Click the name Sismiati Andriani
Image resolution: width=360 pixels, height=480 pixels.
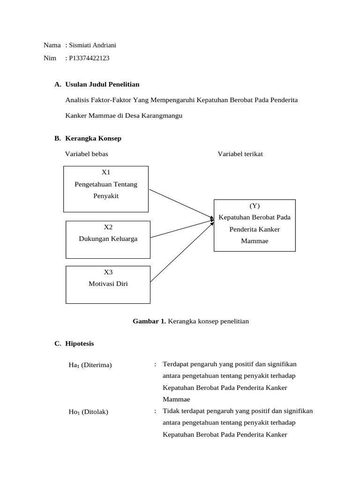coord(92,45)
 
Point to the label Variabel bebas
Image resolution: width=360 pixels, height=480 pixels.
coord(86,154)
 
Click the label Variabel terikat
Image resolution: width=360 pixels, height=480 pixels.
coord(240,154)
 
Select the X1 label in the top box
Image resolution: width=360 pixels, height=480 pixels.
coord(106,172)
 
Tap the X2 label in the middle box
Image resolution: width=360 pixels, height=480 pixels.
coord(108,227)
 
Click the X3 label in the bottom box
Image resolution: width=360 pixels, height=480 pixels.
coord(108,272)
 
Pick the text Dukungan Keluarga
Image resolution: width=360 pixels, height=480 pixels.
coord(108,239)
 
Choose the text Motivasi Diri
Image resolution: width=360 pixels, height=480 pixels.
coord(108,284)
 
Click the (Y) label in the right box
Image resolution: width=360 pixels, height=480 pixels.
coord(255,206)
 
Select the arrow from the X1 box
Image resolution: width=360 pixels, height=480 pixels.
coord(181,204)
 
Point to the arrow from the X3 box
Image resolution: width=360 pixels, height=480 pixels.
coord(181,250)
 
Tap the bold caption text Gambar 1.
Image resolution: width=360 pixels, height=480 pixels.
coord(149,321)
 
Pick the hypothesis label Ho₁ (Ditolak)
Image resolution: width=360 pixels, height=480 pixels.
coord(88,412)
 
